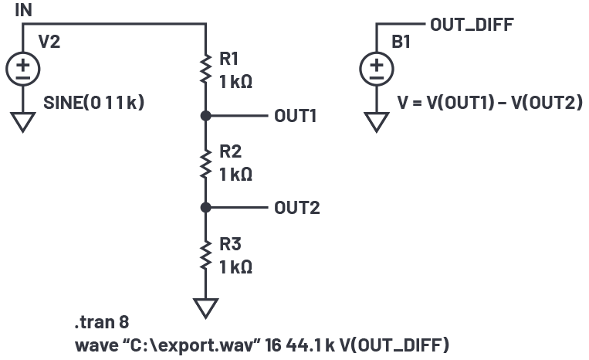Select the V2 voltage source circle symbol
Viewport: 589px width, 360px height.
[x=22, y=70]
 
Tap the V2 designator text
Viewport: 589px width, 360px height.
[x=49, y=42]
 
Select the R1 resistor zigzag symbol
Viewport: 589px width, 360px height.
[x=205, y=69]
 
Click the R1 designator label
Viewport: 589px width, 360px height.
[x=230, y=58]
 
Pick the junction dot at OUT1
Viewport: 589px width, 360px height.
[x=205, y=116]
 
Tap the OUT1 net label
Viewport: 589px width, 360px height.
[x=296, y=117]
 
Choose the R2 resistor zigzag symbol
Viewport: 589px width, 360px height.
[x=205, y=162]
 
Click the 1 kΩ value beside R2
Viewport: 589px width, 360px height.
[x=235, y=174]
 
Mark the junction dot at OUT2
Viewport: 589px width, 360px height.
[x=205, y=208]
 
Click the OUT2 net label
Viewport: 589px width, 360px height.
[x=296, y=209]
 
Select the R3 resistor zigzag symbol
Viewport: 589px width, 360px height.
[x=205, y=255]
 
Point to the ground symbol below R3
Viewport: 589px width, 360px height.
[x=205, y=307]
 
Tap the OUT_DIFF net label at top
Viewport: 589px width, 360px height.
[x=471, y=25]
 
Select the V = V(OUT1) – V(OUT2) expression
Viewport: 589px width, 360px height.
[x=489, y=103]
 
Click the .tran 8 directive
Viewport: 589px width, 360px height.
[x=95, y=321]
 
